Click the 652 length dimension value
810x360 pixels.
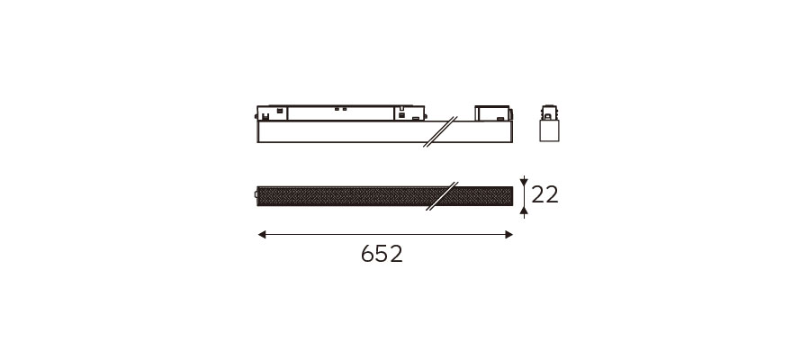coord(382,254)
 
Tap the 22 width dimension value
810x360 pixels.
coord(545,194)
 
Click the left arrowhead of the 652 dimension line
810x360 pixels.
coord(262,235)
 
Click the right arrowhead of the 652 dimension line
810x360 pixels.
coord(508,235)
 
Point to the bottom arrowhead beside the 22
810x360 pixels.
coord(524,210)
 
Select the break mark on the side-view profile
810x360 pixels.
coord(441,131)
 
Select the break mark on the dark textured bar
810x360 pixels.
coord(443,196)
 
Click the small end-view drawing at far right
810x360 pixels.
coord(549,123)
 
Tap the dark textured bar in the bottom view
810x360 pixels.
coord(385,196)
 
